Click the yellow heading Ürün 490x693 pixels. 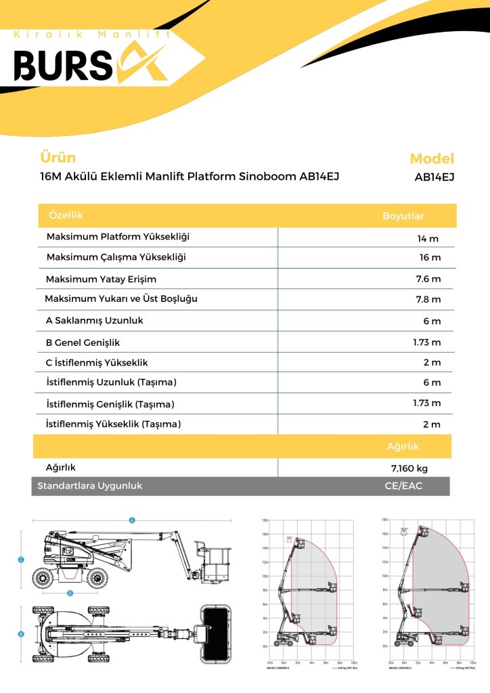pyautogui.click(x=58, y=158)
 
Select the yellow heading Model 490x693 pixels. pyautogui.click(x=432, y=159)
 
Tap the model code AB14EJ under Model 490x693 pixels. pyautogui.click(x=434, y=177)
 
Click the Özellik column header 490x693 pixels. pyautogui.click(x=66, y=215)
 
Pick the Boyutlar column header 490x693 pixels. pyautogui.click(x=403, y=216)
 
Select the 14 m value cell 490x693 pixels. pyautogui.click(x=428, y=238)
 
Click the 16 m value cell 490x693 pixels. pyautogui.click(x=430, y=258)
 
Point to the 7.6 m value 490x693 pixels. pyautogui.click(x=428, y=279)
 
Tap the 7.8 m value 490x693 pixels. pyautogui.click(x=428, y=299)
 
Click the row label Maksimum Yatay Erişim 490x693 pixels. pyautogui.click(x=101, y=279)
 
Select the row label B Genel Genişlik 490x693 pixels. pyautogui.click(x=83, y=342)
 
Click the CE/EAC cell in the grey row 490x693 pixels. pyautogui.click(x=403, y=486)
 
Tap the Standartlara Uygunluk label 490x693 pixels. pyautogui.click(x=89, y=486)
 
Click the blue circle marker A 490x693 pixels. pyautogui.click(x=133, y=520)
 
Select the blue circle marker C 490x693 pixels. pyautogui.click(x=22, y=560)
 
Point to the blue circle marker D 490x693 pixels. pyautogui.click(x=70, y=594)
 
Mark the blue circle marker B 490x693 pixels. pyautogui.click(x=21, y=634)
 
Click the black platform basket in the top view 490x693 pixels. pyautogui.click(x=217, y=633)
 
